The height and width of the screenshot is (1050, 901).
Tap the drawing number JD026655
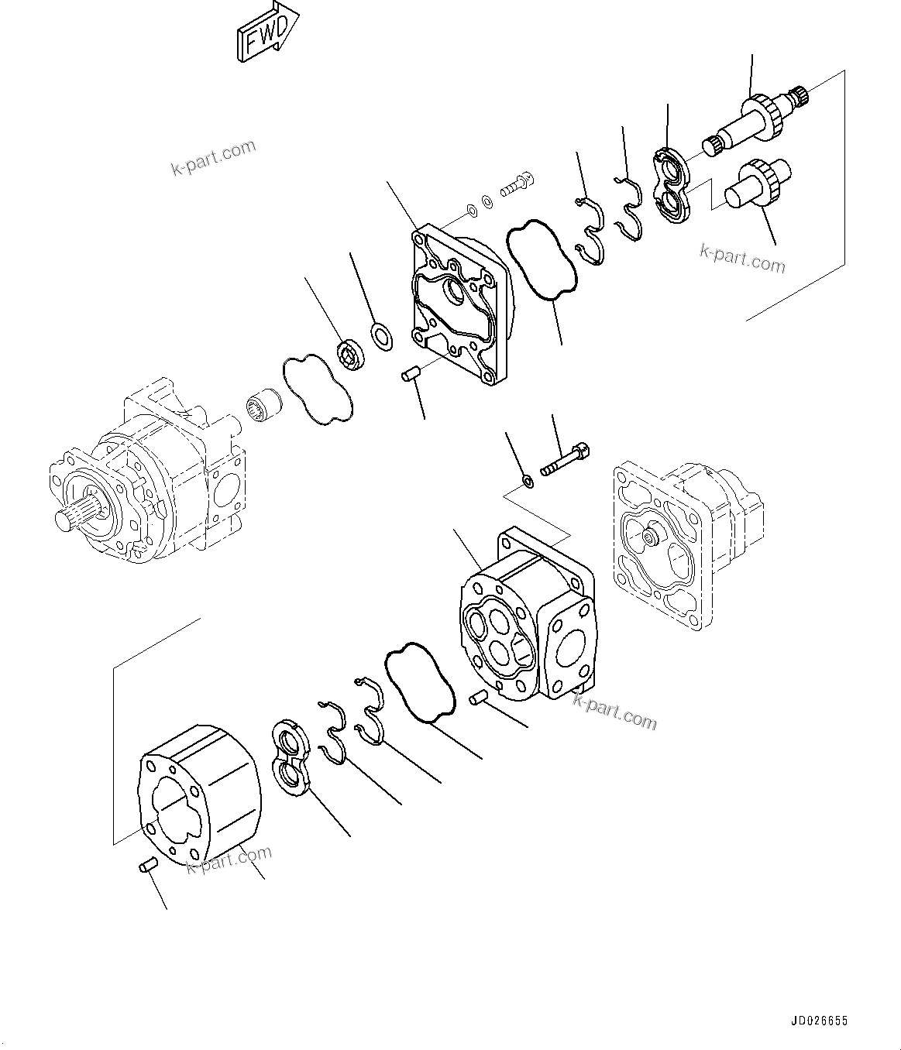click(818, 1022)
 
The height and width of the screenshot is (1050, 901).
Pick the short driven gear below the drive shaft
click(755, 184)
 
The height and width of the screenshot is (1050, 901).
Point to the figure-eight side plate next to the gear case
click(292, 757)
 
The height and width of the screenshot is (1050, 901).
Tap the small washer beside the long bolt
click(527, 482)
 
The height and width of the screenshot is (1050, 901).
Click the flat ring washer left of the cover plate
click(380, 335)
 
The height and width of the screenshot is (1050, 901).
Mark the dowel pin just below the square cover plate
click(409, 376)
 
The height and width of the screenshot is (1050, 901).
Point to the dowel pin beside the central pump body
click(478, 698)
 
